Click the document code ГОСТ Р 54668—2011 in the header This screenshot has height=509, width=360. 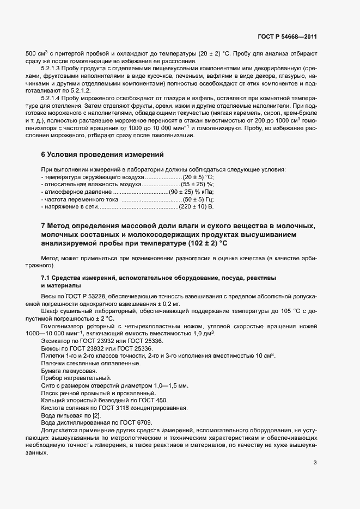coord(286,36)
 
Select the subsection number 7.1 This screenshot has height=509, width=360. coord(47,278)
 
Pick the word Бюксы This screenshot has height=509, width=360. coord(51,347)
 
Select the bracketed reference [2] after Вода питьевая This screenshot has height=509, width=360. coord(96,415)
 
